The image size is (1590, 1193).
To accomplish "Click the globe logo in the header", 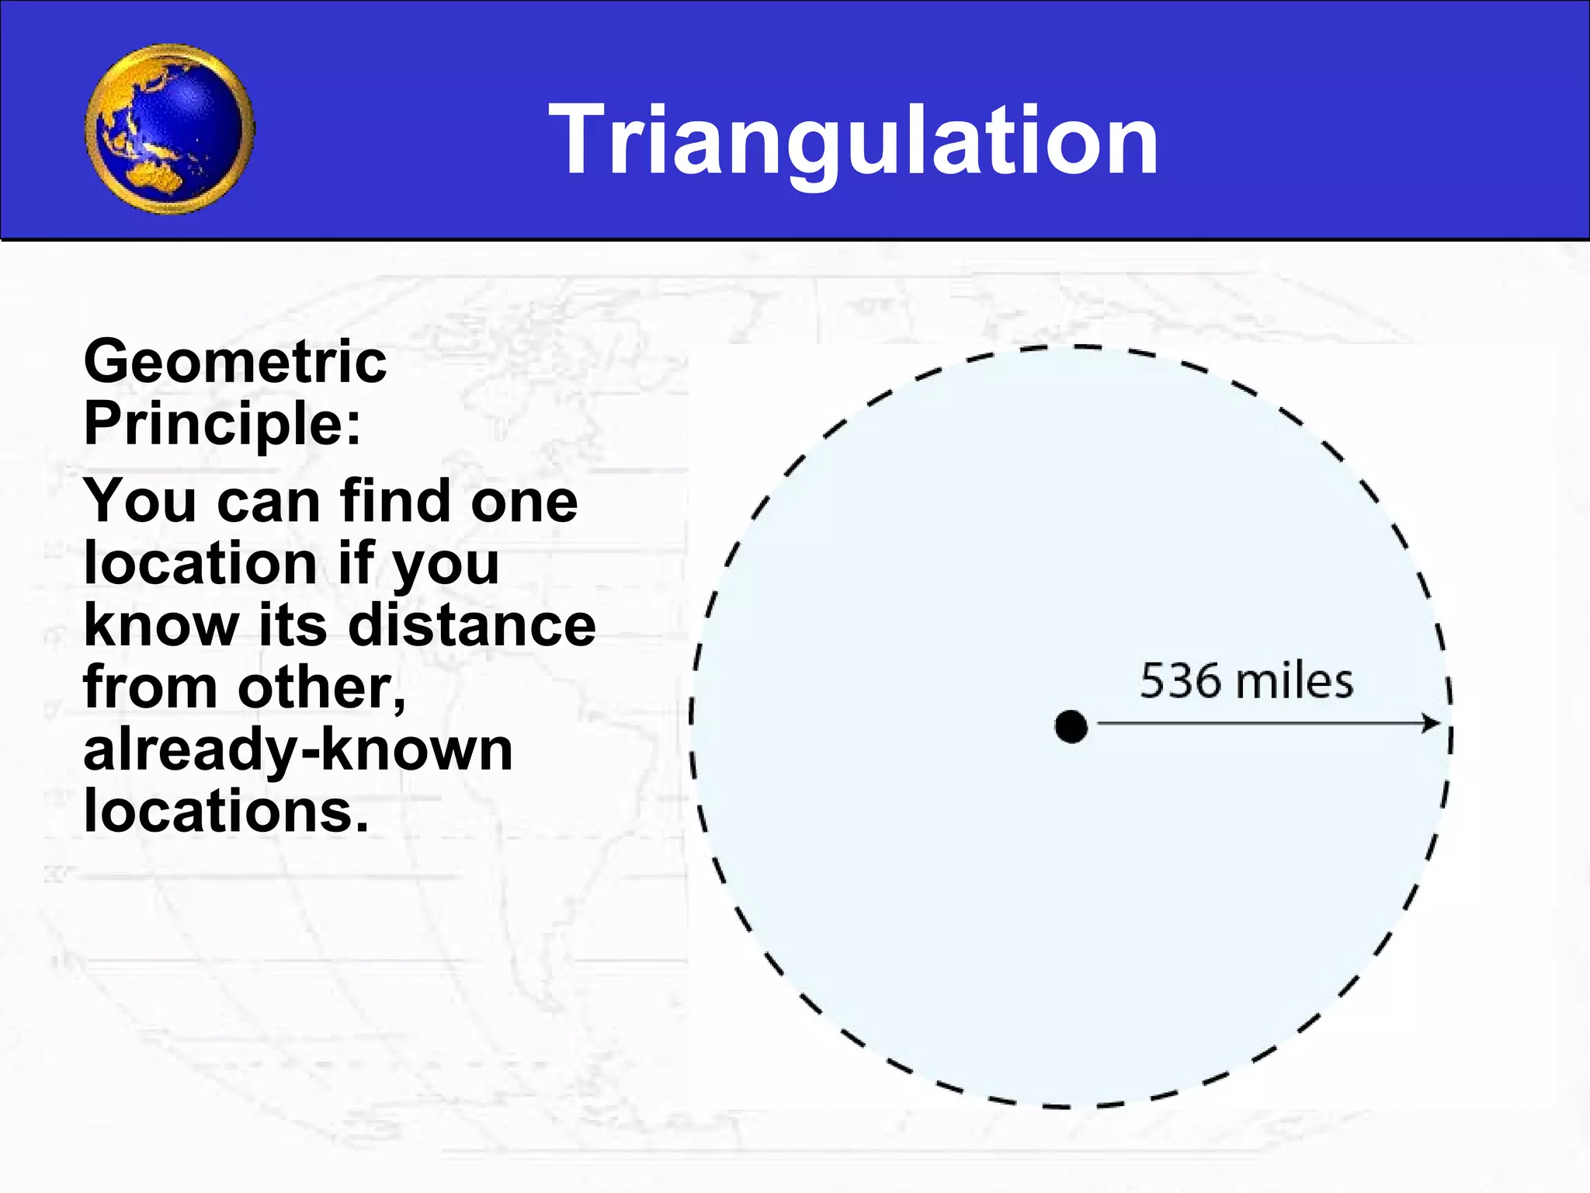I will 169,128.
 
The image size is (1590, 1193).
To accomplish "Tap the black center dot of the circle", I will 1071,726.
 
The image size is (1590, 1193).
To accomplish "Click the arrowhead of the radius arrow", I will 1431,723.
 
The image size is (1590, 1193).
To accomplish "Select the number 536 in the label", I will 1181,681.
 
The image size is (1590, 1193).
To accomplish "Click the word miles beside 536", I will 1294,681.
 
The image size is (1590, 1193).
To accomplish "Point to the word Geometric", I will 234,362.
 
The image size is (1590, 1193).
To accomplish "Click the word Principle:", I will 223,424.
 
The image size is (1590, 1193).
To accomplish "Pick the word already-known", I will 298,750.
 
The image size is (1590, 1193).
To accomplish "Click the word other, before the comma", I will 320,687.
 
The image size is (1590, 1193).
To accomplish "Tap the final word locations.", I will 225,812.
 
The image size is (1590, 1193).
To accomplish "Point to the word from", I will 150,687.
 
